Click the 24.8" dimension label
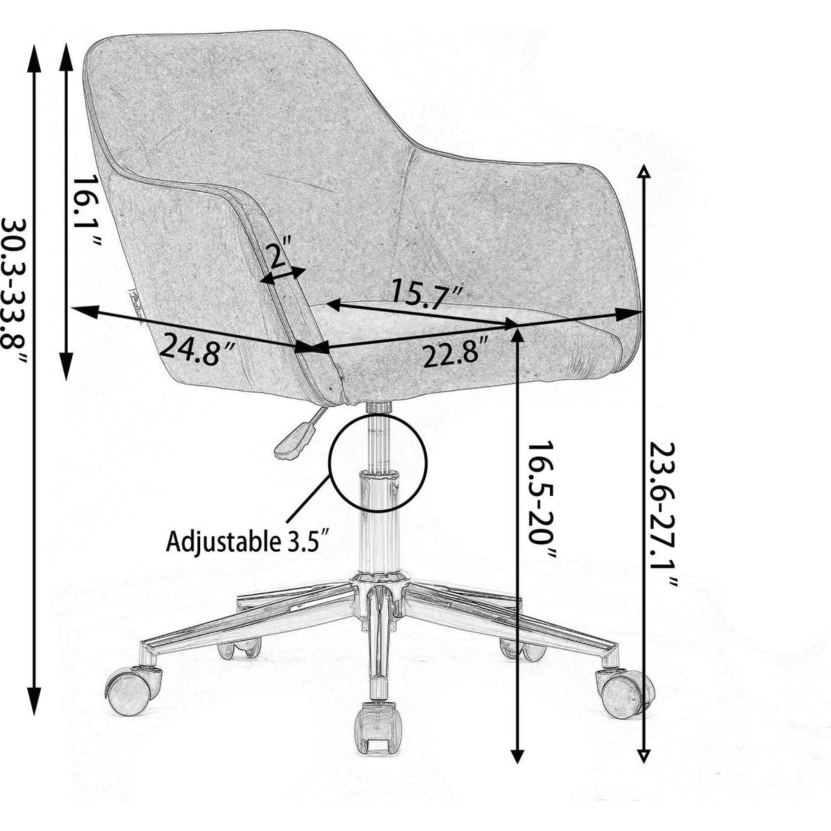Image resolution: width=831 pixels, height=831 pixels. pos(198,348)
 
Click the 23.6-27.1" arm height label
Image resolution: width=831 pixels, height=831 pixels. pos(663,513)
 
